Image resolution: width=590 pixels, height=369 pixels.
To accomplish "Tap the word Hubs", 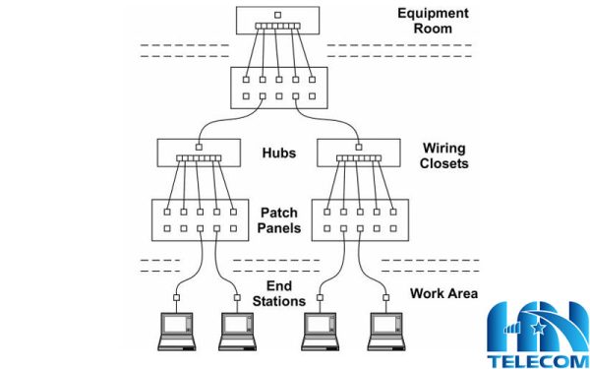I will (279, 154).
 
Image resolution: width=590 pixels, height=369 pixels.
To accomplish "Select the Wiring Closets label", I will (444, 155).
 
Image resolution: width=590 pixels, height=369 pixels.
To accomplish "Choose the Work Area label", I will (443, 293).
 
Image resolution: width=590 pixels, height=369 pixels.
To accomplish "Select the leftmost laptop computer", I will (177, 332).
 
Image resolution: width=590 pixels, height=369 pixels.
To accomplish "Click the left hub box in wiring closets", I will (198, 153).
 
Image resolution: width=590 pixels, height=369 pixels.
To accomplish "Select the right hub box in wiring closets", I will (357, 153).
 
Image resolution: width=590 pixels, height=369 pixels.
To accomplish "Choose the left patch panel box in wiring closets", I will (200, 219).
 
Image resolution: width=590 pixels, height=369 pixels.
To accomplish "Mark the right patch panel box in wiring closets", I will (359, 219).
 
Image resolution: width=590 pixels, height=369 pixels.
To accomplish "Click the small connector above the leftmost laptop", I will (177, 296).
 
